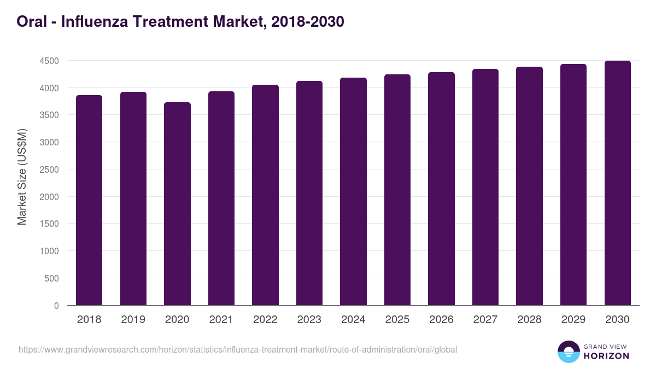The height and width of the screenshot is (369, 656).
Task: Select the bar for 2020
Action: click(177, 203)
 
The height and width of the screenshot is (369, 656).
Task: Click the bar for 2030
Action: click(618, 183)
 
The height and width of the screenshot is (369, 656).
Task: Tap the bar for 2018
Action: click(89, 200)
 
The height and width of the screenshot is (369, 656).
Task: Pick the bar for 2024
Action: click(353, 191)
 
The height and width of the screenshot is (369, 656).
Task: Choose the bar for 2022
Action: click(265, 195)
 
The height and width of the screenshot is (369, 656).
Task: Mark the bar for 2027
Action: click(485, 187)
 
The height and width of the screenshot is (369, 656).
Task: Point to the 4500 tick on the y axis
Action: click(49, 61)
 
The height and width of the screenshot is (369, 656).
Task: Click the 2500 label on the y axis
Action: click(49, 169)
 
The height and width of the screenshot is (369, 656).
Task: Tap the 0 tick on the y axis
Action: click(56, 306)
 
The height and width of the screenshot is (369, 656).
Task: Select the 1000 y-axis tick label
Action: click(49, 251)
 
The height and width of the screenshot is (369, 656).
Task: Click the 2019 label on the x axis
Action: click(133, 320)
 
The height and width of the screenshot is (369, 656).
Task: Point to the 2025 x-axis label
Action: click(397, 320)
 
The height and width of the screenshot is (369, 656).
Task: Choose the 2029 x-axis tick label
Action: click(573, 320)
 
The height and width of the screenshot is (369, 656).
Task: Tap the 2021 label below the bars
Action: click(221, 320)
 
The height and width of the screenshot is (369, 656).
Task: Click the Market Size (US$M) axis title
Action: click(22, 177)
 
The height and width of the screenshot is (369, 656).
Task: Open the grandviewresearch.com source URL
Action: click(238, 349)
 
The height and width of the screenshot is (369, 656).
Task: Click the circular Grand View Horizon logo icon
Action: click(569, 352)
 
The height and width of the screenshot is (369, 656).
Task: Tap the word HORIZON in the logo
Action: click(606, 356)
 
